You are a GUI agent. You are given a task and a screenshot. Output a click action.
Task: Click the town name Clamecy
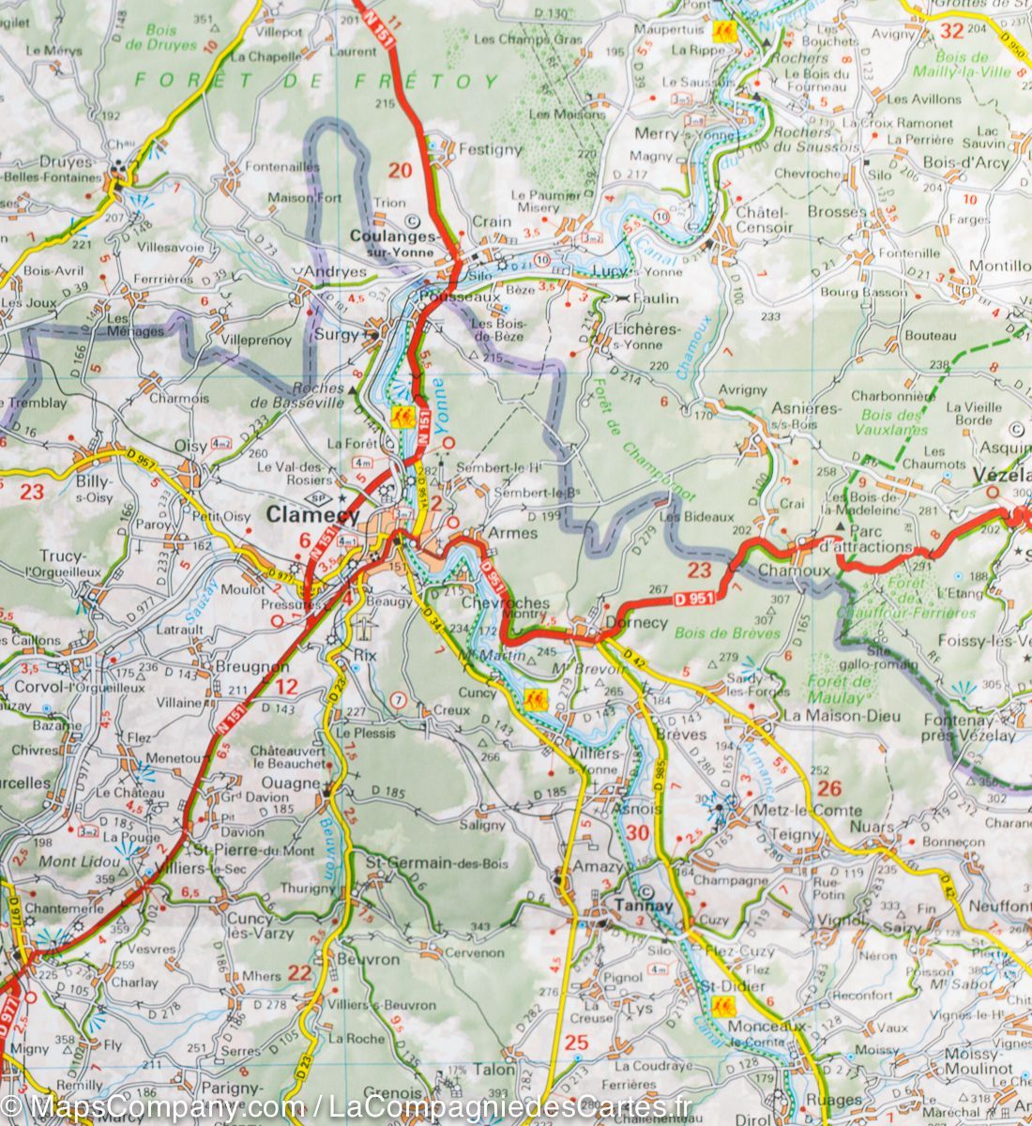312,514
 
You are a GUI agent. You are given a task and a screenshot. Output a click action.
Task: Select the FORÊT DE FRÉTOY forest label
316,81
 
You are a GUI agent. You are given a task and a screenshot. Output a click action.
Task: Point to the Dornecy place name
637,622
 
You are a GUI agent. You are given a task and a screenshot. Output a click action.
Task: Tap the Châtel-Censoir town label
765,220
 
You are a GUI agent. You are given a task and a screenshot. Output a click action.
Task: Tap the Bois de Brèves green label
727,633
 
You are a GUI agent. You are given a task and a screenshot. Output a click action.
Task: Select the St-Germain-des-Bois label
423,862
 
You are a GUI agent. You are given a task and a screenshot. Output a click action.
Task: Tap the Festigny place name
490,149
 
